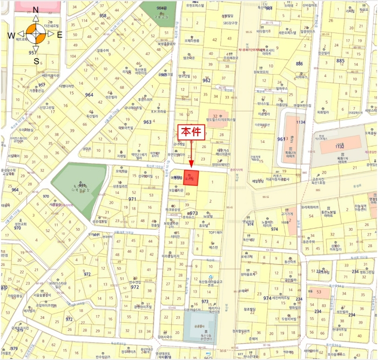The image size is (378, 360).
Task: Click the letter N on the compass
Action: tap(36, 10)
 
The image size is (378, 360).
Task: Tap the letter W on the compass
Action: tap(11, 35)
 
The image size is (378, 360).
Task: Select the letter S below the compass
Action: tap(36, 61)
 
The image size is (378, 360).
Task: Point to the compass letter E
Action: tap(59, 35)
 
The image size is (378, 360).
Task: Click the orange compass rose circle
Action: tap(36, 35)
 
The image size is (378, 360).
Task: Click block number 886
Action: tap(299, 64)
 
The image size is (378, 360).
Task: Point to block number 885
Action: tap(340, 61)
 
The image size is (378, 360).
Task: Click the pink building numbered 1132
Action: tap(339, 146)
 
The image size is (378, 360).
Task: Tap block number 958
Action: tap(103, 16)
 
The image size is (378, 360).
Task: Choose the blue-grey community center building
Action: tap(200, 328)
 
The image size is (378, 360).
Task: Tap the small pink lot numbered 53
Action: tap(319, 291)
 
